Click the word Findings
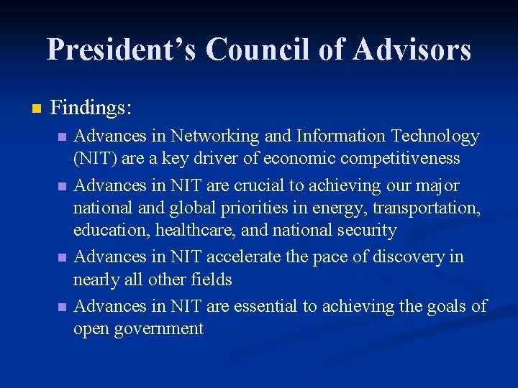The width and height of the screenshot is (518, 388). pos(91,108)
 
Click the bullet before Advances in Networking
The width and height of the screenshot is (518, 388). pos(63,137)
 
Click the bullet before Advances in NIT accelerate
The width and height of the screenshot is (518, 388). pos(63,257)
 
